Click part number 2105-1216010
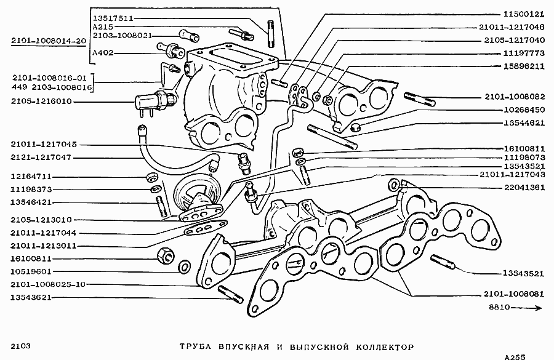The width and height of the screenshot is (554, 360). [41, 101]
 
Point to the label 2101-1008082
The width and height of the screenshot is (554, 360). [515, 97]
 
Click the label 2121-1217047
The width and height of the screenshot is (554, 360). [41, 157]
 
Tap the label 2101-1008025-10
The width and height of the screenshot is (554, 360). [47, 284]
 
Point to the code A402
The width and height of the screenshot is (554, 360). [102, 53]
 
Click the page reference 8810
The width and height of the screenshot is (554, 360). [499, 308]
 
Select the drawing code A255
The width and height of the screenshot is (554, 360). [516, 356]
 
